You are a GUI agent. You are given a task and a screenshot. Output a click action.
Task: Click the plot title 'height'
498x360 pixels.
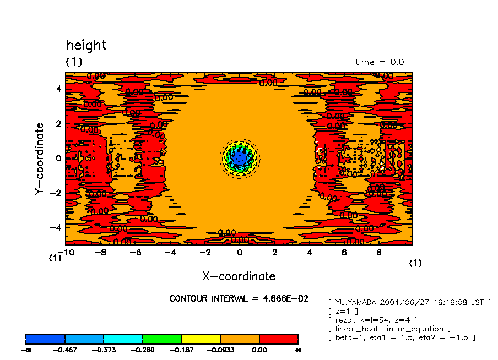(86, 45)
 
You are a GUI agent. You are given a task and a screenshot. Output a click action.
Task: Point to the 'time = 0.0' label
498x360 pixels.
(380, 62)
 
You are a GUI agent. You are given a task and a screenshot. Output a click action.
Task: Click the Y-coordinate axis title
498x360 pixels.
(39, 159)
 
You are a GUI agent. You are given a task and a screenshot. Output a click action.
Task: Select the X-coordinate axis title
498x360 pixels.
(239, 276)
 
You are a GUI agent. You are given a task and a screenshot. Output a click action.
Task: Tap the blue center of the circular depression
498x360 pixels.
(239, 158)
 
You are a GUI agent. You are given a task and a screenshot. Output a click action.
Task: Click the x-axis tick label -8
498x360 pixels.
(100, 253)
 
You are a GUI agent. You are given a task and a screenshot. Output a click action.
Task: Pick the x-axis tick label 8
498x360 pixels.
(379, 253)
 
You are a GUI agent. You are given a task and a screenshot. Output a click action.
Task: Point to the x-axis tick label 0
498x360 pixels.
(239, 253)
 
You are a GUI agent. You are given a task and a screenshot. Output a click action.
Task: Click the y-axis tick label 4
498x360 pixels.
(57, 89)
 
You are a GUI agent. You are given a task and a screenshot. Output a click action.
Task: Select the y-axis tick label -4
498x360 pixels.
(55, 227)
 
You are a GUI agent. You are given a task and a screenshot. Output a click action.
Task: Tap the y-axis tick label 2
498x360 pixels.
(57, 124)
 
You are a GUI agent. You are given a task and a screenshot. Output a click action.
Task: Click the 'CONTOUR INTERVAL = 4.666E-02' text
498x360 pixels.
(239, 299)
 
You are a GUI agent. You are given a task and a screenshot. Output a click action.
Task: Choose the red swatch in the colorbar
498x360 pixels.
(279, 339)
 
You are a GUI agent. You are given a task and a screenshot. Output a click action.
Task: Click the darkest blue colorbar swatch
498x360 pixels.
(46, 339)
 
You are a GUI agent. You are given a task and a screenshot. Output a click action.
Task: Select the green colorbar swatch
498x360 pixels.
(162, 339)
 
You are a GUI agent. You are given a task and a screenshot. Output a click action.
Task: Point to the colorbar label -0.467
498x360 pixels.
(65, 350)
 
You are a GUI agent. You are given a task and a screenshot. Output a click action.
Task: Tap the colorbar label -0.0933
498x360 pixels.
(220, 350)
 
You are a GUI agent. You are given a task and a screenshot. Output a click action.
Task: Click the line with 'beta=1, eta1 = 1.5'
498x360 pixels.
(402, 337)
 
